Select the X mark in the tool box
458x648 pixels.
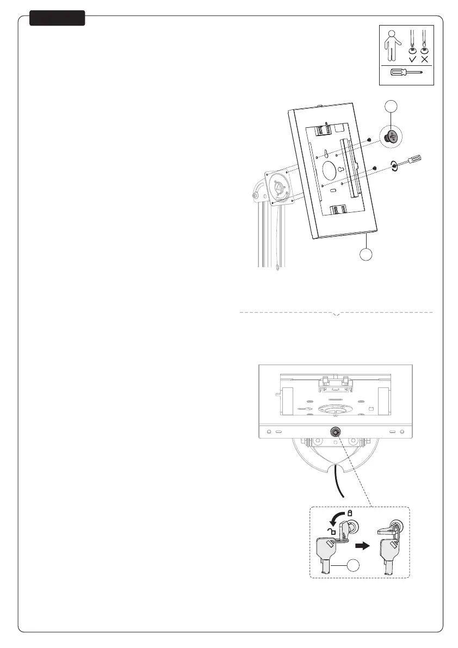(x=424, y=59)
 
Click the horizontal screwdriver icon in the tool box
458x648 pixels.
(x=406, y=73)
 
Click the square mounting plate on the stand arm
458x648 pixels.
(x=280, y=187)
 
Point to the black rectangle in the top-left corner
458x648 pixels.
(x=57, y=18)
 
